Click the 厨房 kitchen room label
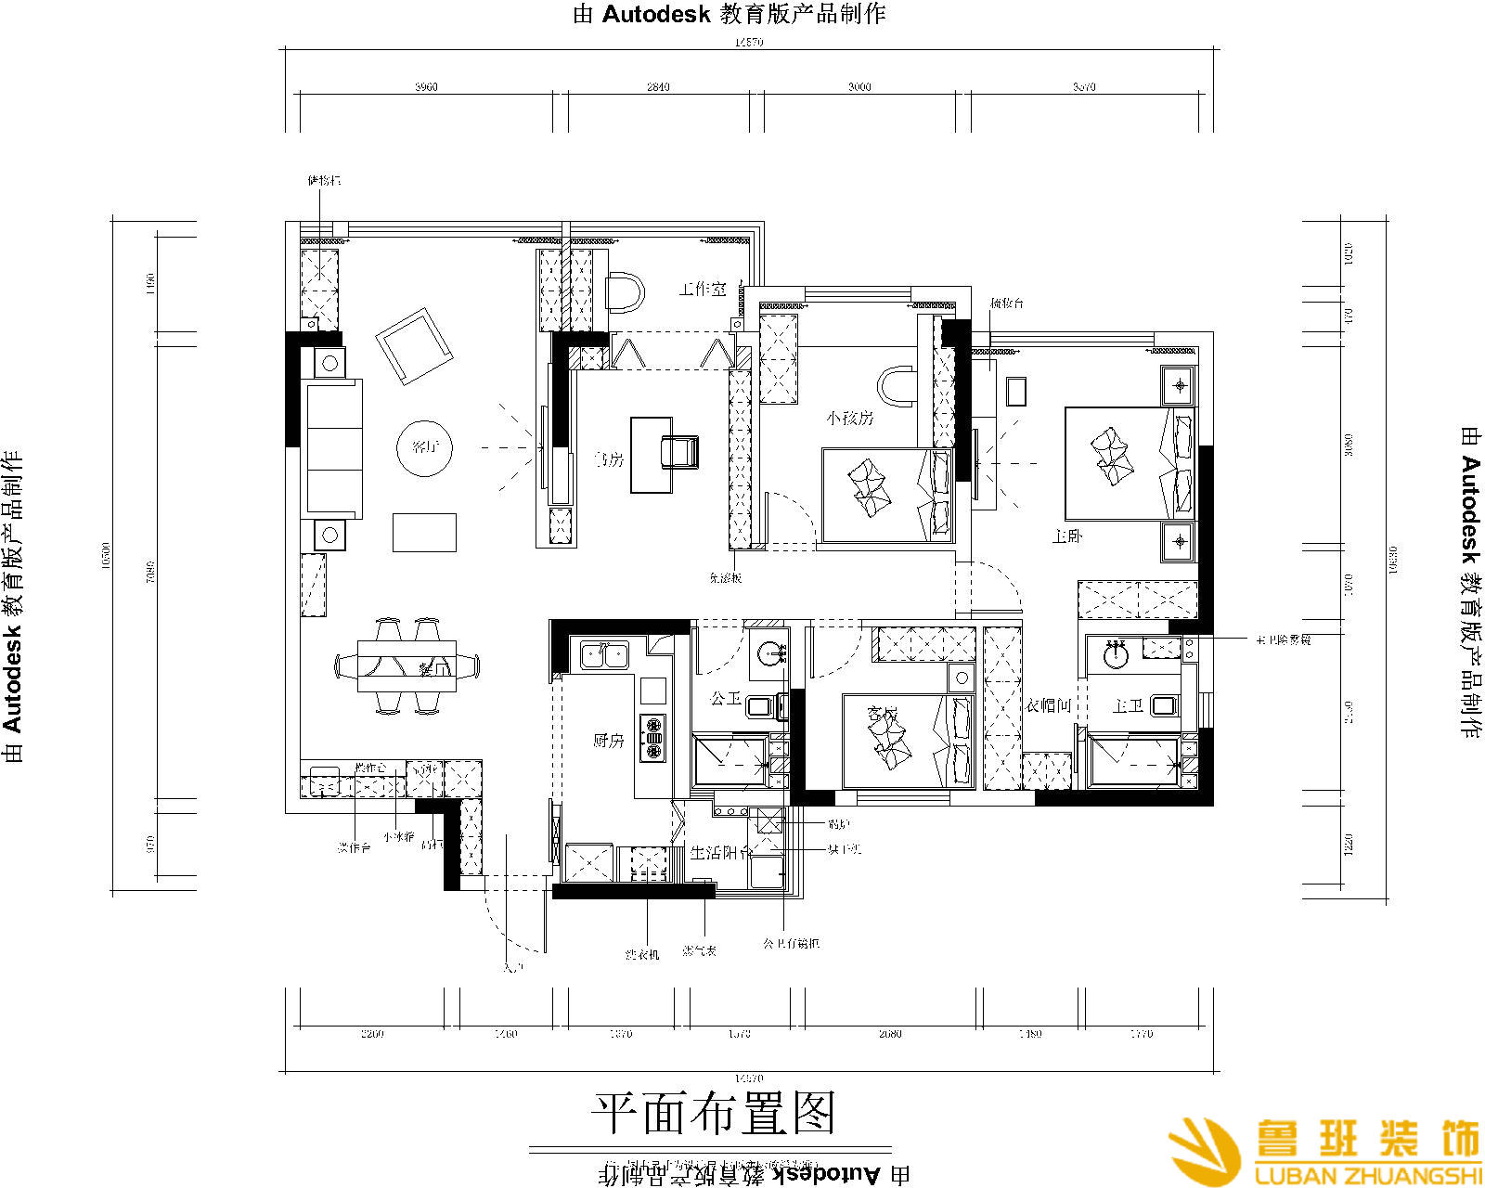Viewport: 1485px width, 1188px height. click(x=609, y=741)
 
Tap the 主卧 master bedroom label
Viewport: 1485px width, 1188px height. click(x=1067, y=536)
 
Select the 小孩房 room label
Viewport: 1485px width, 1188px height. click(x=851, y=418)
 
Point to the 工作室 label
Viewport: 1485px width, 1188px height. click(x=703, y=290)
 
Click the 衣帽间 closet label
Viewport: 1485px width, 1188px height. click(x=1049, y=706)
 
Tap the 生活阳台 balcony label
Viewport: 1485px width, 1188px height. click(x=720, y=852)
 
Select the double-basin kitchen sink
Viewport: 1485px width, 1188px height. click(x=604, y=654)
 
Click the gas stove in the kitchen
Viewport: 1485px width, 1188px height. click(x=652, y=738)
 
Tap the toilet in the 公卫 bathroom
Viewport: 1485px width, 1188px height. click(x=762, y=707)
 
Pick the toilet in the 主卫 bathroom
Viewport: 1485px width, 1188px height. click(x=1164, y=706)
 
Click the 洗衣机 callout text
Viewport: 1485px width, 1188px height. click(x=642, y=953)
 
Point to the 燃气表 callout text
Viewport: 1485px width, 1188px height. click(x=700, y=950)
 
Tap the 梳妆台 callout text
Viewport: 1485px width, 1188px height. click(x=1006, y=303)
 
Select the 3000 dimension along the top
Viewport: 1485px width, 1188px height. click(x=859, y=87)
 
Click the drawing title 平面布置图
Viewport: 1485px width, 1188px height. click(x=714, y=1112)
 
